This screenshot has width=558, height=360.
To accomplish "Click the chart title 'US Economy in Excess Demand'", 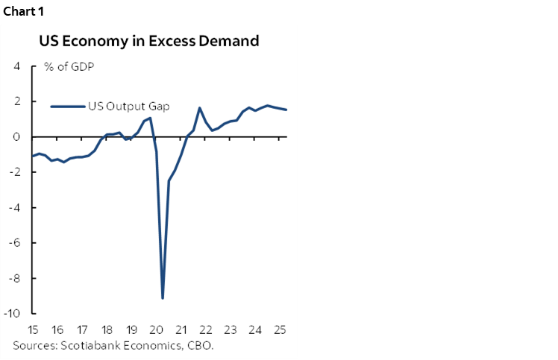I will (x=149, y=41).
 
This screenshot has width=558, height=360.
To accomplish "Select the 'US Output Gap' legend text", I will (x=128, y=106).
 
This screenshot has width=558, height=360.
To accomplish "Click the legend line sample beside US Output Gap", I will (x=67, y=106).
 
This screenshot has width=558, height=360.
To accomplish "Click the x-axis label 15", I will (x=34, y=329).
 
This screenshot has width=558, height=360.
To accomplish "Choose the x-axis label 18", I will (x=107, y=329).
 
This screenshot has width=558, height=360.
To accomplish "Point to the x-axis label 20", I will (x=156, y=329).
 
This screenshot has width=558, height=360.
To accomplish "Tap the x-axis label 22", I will (x=205, y=329).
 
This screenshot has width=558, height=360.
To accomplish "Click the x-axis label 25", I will (x=279, y=329).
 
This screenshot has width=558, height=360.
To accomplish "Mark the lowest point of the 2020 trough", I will (x=163, y=298).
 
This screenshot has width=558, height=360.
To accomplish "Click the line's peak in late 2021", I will (x=200, y=108).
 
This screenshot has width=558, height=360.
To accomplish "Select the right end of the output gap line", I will (x=286, y=110).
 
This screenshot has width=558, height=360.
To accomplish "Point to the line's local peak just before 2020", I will (x=150, y=118).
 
